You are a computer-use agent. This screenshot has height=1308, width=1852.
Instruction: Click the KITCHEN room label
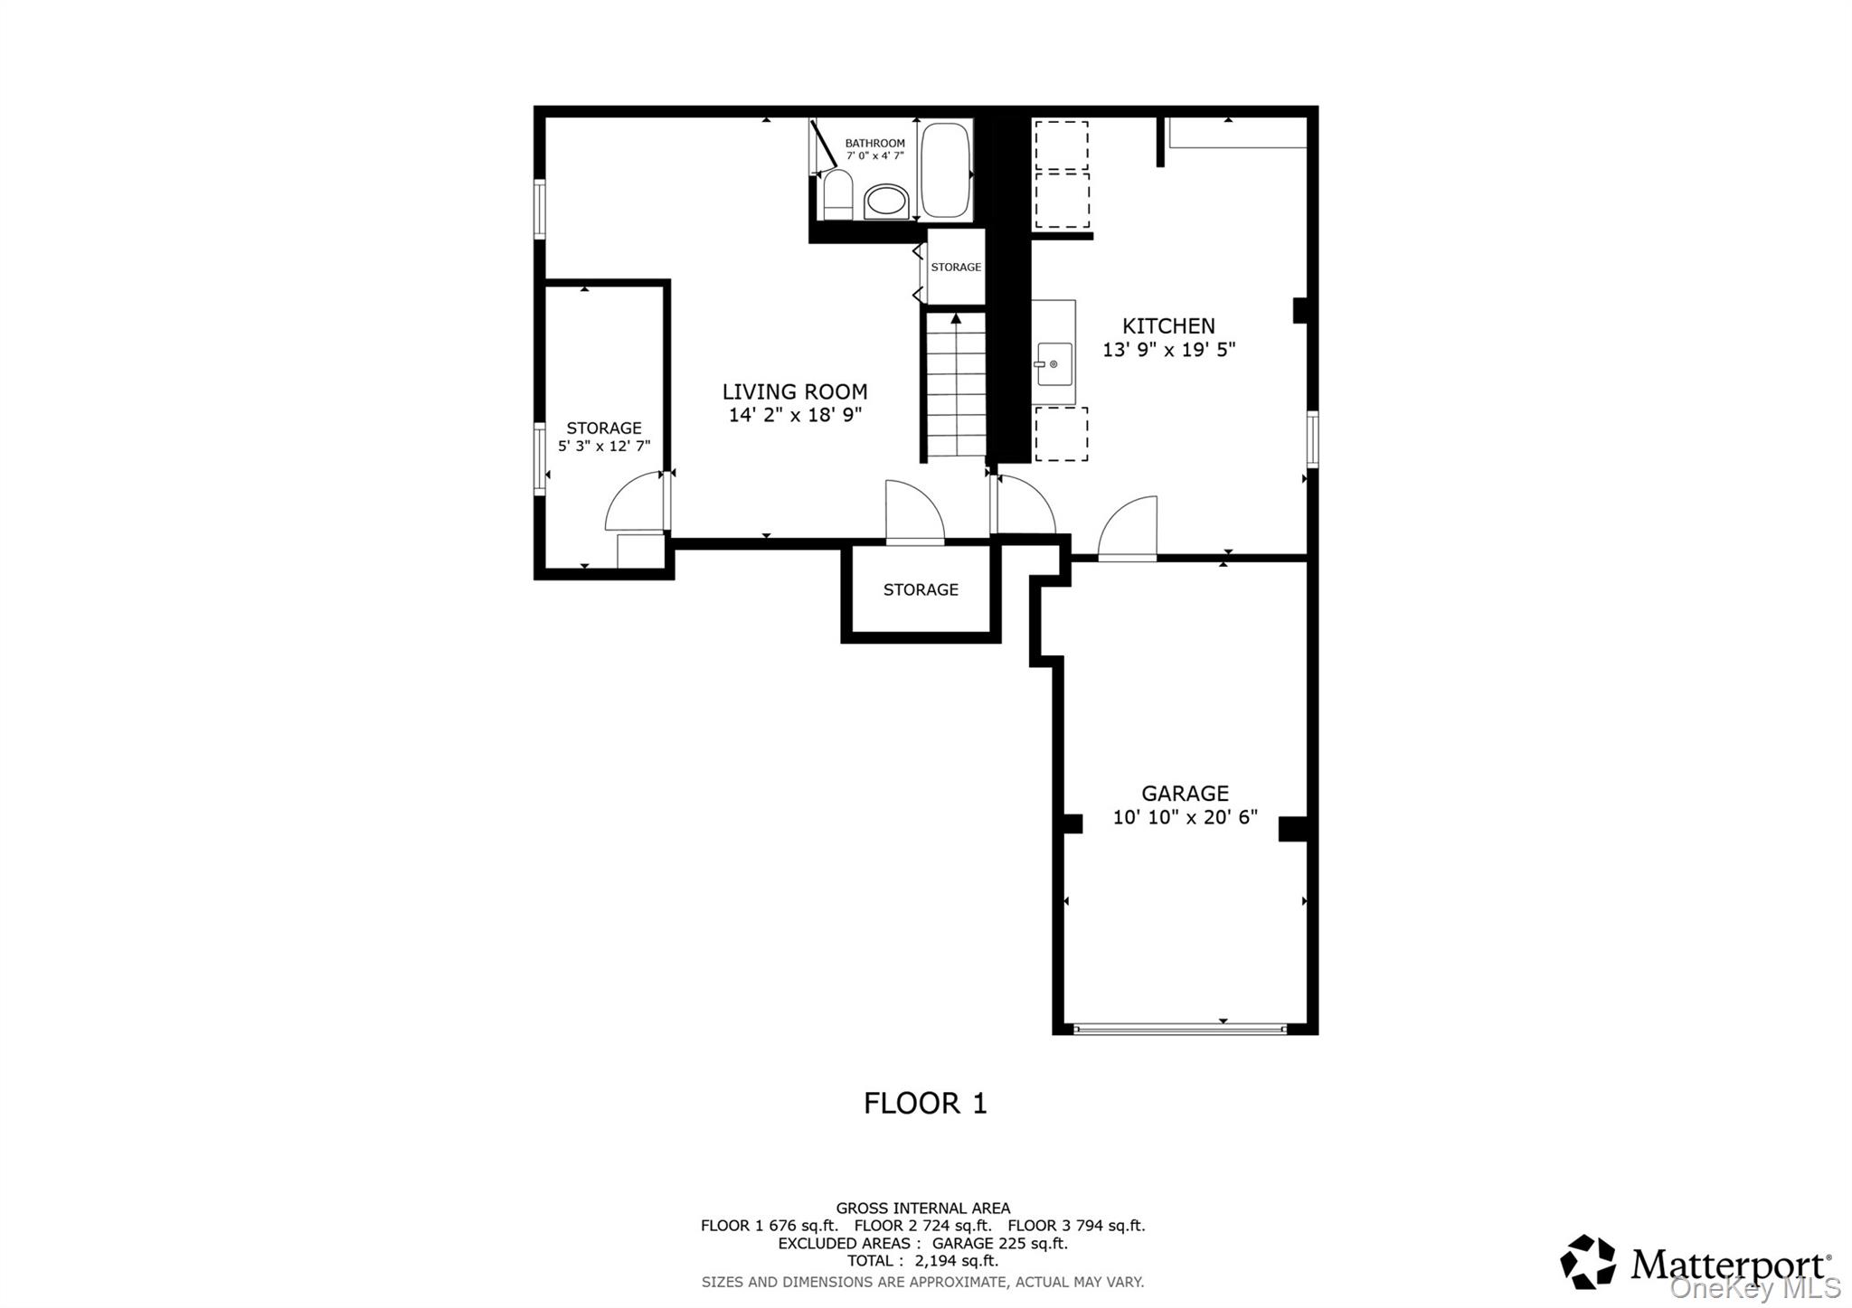point(1167,326)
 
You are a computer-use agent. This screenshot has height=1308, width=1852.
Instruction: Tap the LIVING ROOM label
point(794,391)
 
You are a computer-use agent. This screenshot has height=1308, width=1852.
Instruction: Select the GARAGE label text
point(1185,794)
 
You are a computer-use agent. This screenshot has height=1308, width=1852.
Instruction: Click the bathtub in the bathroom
point(945,170)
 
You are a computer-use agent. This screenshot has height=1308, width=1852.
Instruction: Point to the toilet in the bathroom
point(837,194)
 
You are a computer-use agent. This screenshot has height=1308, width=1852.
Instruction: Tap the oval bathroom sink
point(886,202)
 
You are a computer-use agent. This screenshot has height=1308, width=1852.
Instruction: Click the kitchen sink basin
point(1054,363)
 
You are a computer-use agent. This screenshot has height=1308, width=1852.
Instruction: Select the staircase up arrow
point(956,319)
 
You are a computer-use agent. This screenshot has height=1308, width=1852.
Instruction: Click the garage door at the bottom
point(1179,1029)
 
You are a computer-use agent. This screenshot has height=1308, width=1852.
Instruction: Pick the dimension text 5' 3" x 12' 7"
point(603,447)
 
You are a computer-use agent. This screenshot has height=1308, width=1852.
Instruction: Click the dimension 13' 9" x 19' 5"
point(1168,350)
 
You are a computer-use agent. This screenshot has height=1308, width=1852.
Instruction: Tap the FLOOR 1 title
point(925,1104)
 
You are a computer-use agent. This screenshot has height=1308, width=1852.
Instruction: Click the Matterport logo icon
point(1587,1261)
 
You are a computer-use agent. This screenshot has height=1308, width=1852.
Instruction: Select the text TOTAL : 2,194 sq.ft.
point(922,1261)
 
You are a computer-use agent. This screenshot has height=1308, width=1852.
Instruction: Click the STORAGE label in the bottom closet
point(921,589)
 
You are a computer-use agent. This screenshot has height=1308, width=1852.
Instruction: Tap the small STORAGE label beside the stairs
point(956,267)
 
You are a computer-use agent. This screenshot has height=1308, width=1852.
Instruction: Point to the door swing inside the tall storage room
point(633,506)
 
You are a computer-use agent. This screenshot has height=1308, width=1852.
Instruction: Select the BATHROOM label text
point(874,143)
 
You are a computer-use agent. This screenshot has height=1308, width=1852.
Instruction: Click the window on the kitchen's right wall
point(1312,439)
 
